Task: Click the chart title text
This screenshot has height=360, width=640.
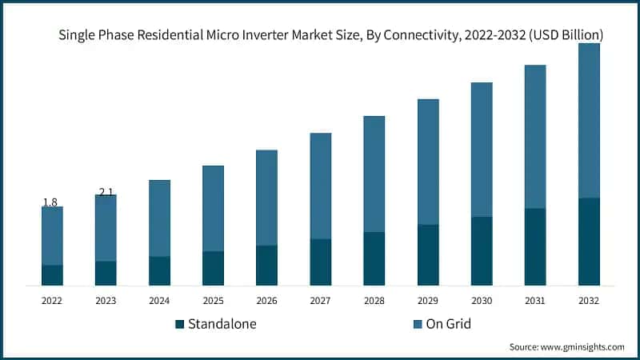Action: [330, 35]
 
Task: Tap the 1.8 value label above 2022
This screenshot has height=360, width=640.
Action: [50, 202]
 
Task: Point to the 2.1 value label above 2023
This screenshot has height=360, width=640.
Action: [106, 192]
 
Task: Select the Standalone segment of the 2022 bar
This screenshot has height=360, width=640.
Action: [52, 275]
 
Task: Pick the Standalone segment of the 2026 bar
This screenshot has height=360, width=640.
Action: [266, 265]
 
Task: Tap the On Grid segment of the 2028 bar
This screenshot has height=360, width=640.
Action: [374, 174]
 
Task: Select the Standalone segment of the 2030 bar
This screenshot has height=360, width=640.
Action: [481, 250]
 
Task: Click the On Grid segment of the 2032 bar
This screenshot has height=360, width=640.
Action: [589, 120]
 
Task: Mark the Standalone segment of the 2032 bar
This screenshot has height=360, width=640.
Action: [589, 241]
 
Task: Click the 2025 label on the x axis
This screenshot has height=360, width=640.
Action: [213, 301]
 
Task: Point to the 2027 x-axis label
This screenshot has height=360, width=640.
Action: [320, 301]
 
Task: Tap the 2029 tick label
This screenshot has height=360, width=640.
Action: [427, 301]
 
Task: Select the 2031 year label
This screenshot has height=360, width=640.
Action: [534, 301]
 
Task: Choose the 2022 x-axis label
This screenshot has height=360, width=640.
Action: [52, 301]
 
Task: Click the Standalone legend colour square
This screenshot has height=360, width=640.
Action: [180, 324]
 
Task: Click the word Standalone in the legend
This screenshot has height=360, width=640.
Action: [223, 324]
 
